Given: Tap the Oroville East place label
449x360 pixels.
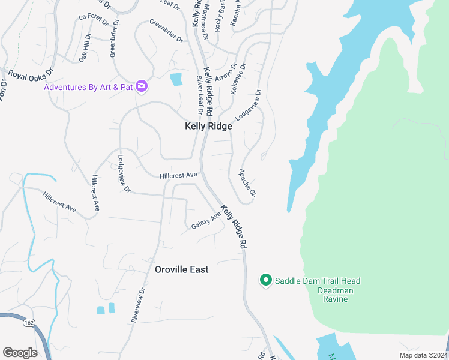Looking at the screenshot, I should [182, 269].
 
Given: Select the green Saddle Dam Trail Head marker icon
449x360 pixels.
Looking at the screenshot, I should [265, 280].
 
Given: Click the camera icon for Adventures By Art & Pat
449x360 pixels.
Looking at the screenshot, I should [142, 86].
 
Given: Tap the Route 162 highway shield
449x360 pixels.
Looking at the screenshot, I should [29, 323].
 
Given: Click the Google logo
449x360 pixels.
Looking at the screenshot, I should [20, 352].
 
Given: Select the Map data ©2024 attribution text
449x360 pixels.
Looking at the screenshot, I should [424, 355].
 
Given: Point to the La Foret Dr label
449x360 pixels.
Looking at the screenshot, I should [93, 19].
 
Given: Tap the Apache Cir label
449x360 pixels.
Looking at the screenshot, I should [247, 184].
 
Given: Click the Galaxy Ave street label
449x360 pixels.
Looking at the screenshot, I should [206, 222].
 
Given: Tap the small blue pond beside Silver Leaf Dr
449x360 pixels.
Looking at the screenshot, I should [176, 79].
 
